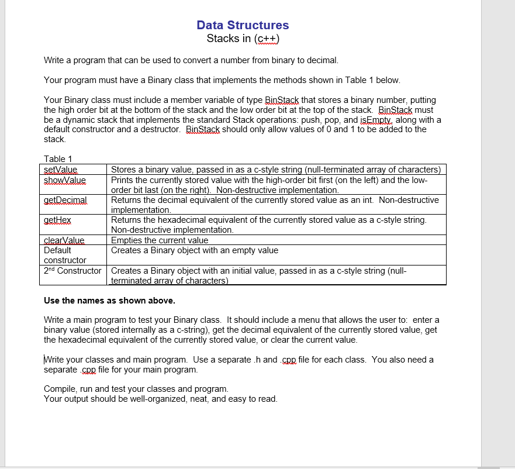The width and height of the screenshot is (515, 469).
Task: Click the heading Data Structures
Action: pos(243,25)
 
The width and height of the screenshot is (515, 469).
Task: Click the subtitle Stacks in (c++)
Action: pos(243,39)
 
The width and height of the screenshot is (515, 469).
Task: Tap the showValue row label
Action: pos(65,180)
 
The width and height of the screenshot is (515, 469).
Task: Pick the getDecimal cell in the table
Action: pos(65,200)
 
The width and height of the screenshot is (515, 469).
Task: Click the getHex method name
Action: pos(57,220)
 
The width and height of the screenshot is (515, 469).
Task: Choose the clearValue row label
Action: pos(64,240)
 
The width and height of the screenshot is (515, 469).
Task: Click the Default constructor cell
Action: pos(65,255)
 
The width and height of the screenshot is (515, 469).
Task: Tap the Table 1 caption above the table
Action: pos(58,159)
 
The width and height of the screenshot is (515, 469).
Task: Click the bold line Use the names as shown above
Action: pos(109,301)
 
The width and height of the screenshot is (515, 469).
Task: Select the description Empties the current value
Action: pos(160,240)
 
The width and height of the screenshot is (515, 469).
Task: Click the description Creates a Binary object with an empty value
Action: pos(195,250)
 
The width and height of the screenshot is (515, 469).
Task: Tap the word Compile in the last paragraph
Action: pos(60,389)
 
